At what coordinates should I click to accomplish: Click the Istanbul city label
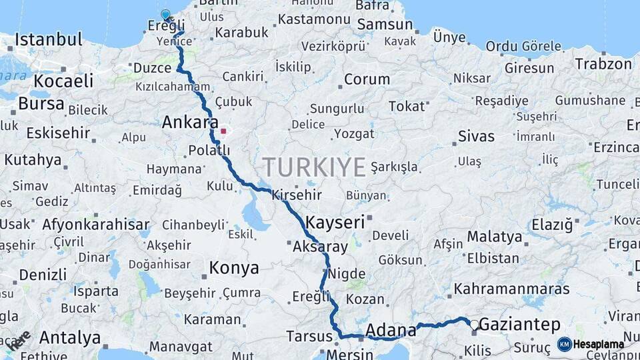(x=48, y=39)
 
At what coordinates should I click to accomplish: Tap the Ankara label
(x=190, y=123)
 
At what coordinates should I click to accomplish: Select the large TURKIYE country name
(x=314, y=166)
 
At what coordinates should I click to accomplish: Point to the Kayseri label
(x=335, y=222)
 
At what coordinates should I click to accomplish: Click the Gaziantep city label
(x=519, y=325)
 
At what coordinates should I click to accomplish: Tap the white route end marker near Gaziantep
(x=474, y=325)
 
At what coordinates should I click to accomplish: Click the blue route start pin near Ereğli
(x=165, y=14)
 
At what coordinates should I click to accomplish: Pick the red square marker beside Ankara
(x=223, y=131)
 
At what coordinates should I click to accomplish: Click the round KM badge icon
(x=565, y=344)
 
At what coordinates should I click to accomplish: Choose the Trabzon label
(x=603, y=64)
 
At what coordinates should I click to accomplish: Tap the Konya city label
(x=233, y=268)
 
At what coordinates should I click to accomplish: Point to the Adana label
(x=391, y=329)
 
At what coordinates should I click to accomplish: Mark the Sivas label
(x=476, y=137)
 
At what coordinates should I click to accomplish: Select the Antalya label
(x=68, y=337)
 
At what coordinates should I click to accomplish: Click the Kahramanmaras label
(x=511, y=289)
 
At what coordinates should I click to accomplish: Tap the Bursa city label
(x=41, y=104)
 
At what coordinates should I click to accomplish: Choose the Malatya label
(x=494, y=237)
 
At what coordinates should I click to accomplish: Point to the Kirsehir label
(x=296, y=195)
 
